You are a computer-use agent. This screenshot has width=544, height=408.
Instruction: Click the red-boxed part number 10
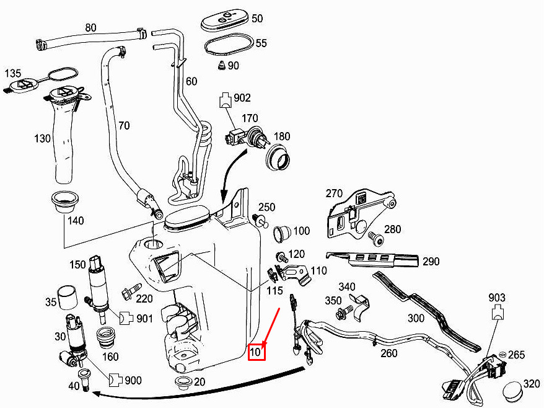click(257, 352)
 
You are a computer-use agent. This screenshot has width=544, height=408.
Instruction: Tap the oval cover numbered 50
click(225, 21)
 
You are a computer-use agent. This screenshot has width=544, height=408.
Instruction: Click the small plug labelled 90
click(221, 65)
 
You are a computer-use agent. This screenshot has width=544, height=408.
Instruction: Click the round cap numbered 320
click(512, 391)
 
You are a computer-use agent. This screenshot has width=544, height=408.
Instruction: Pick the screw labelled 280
click(375, 238)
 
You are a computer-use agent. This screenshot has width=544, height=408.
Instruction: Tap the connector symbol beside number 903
click(498, 311)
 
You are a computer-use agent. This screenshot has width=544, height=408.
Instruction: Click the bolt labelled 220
click(131, 291)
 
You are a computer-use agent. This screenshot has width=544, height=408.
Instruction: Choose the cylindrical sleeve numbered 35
click(68, 297)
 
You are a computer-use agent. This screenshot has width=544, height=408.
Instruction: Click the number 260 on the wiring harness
click(388, 353)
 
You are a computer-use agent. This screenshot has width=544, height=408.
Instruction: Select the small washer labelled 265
click(502, 354)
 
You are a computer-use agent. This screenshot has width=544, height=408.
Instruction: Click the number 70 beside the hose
click(124, 125)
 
